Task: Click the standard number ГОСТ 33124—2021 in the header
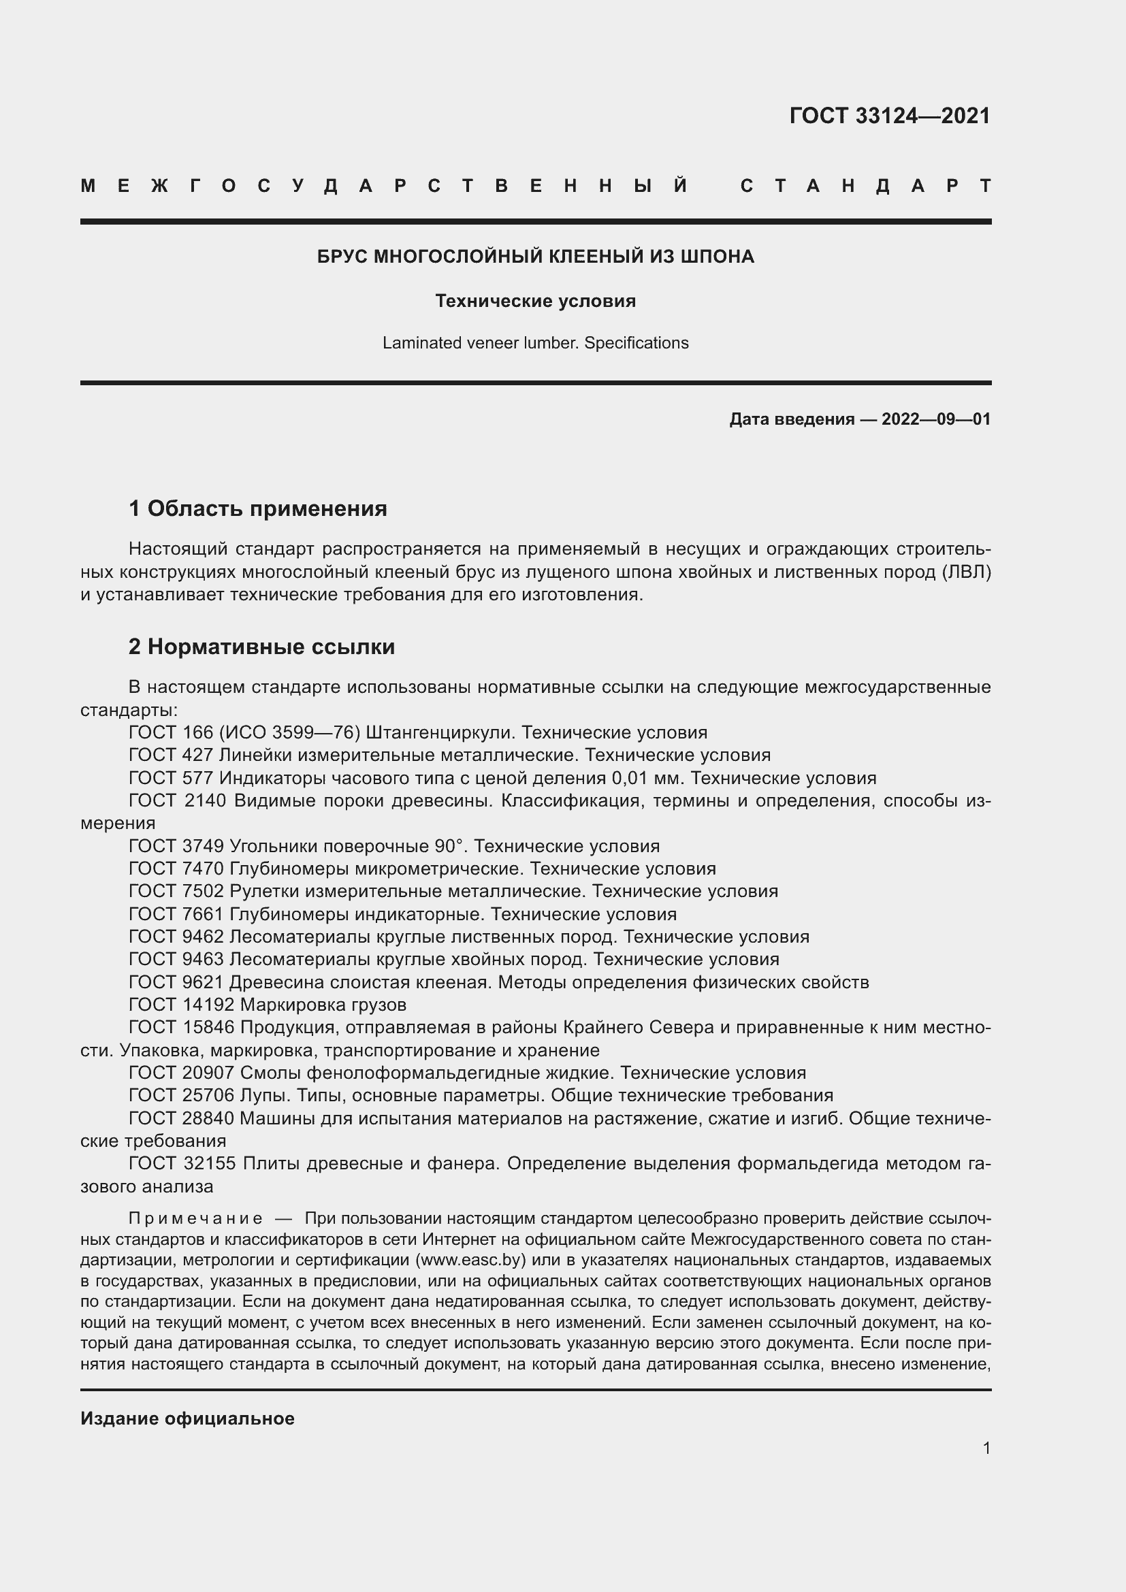pyautogui.click(x=890, y=116)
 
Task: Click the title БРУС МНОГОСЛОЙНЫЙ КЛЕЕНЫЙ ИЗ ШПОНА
pyautogui.click(x=535, y=257)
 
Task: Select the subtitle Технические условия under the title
pyautogui.click(x=535, y=301)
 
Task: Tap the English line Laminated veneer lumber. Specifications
pyautogui.click(x=535, y=343)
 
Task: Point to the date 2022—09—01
pyautogui.click(x=935, y=419)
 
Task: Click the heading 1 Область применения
pyautogui.click(x=258, y=509)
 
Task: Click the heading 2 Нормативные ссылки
pyautogui.click(x=261, y=647)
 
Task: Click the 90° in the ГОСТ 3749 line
pyautogui.click(x=452, y=847)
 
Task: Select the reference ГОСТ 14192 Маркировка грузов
pyautogui.click(x=268, y=1005)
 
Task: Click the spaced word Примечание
pyautogui.click(x=195, y=1219)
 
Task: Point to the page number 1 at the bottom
pyautogui.click(x=986, y=1448)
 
